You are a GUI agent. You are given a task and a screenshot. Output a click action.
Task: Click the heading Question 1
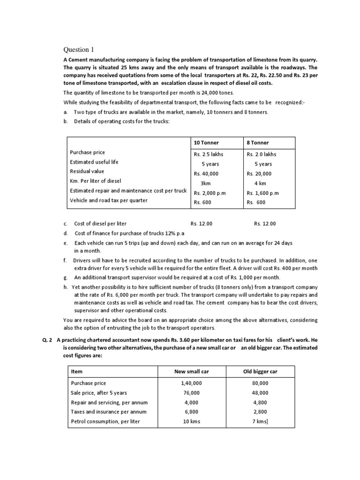click(79, 49)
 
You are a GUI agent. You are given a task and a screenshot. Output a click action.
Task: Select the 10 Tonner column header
click(206, 142)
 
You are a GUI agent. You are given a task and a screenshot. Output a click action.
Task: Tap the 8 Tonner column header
click(257, 142)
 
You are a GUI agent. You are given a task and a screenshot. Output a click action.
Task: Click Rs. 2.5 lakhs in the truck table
click(209, 154)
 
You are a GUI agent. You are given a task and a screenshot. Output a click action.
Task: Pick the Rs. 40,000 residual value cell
click(207, 173)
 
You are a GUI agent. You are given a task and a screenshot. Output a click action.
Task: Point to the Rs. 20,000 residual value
click(259, 173)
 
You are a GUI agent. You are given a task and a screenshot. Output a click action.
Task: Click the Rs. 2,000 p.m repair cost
click(210, 193)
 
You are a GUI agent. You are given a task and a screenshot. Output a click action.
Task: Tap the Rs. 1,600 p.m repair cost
click(262, 193)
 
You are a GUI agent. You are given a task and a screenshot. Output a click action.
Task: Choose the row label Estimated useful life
click(94, 162)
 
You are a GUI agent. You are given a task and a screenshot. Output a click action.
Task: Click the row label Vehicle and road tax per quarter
click(109, 201)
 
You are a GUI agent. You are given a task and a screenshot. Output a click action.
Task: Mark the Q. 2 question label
click(47, 339)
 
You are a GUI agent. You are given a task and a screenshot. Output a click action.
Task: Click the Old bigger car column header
click(260, 371)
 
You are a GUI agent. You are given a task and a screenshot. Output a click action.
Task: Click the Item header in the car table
click(76, 371)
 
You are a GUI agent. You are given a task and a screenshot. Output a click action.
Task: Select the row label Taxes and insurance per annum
click(109, 412)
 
